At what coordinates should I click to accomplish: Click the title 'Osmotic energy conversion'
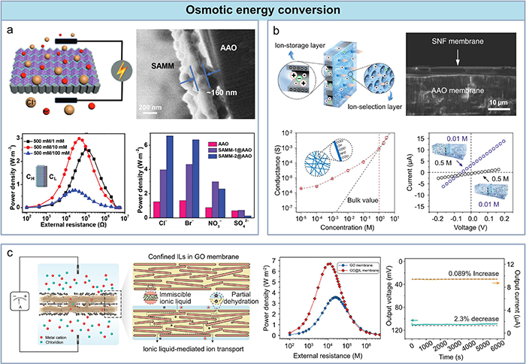tap(263, 12)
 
